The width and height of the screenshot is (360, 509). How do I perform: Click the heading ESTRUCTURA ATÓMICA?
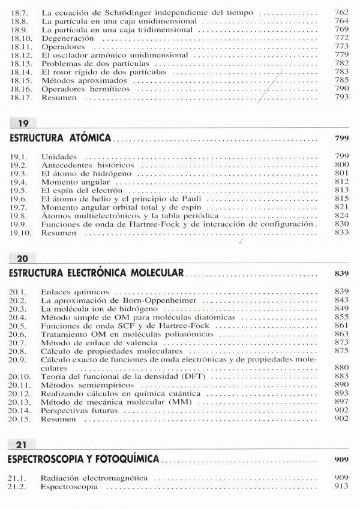click(x=61, y=138)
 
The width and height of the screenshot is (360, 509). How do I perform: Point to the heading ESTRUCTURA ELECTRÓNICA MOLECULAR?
click(x=96, y=273)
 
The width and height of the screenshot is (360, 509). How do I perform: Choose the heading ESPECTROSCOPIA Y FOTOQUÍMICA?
click(x=83, y=459)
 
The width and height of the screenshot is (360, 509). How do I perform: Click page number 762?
click(x=341, y=11)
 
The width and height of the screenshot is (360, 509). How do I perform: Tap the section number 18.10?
click(x=21, y=37)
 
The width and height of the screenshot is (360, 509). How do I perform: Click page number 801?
click(x=341, y=173)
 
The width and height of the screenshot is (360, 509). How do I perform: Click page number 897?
click(x=341, y=401)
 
